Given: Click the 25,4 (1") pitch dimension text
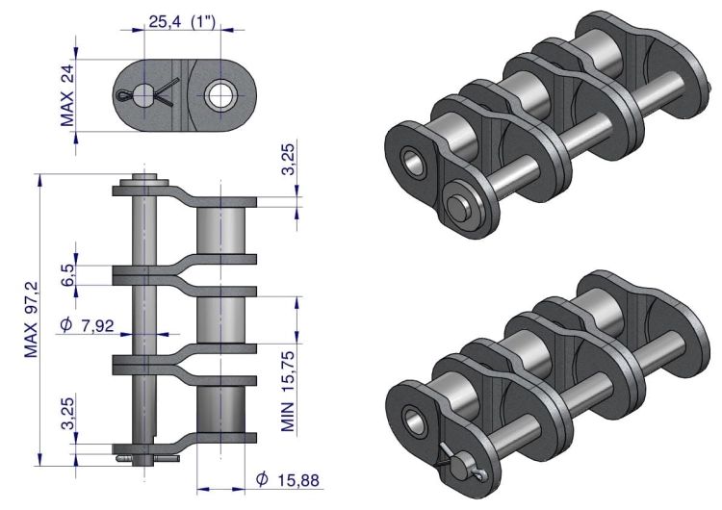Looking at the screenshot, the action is coord(182,21).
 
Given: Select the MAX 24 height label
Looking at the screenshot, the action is coord(67,95).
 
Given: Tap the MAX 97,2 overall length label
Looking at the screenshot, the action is coord(32,319).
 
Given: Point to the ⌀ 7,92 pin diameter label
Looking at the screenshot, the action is coord(87,325).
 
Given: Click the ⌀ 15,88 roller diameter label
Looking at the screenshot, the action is coord(287,479).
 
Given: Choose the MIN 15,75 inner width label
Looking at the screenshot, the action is coord(288,392).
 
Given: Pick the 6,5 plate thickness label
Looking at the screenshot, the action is coord(67,274).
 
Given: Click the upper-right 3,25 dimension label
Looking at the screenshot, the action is coord(288,160).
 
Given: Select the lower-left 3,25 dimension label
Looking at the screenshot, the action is coord(67,414).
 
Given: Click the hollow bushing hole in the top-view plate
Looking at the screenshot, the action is coord(222,95).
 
